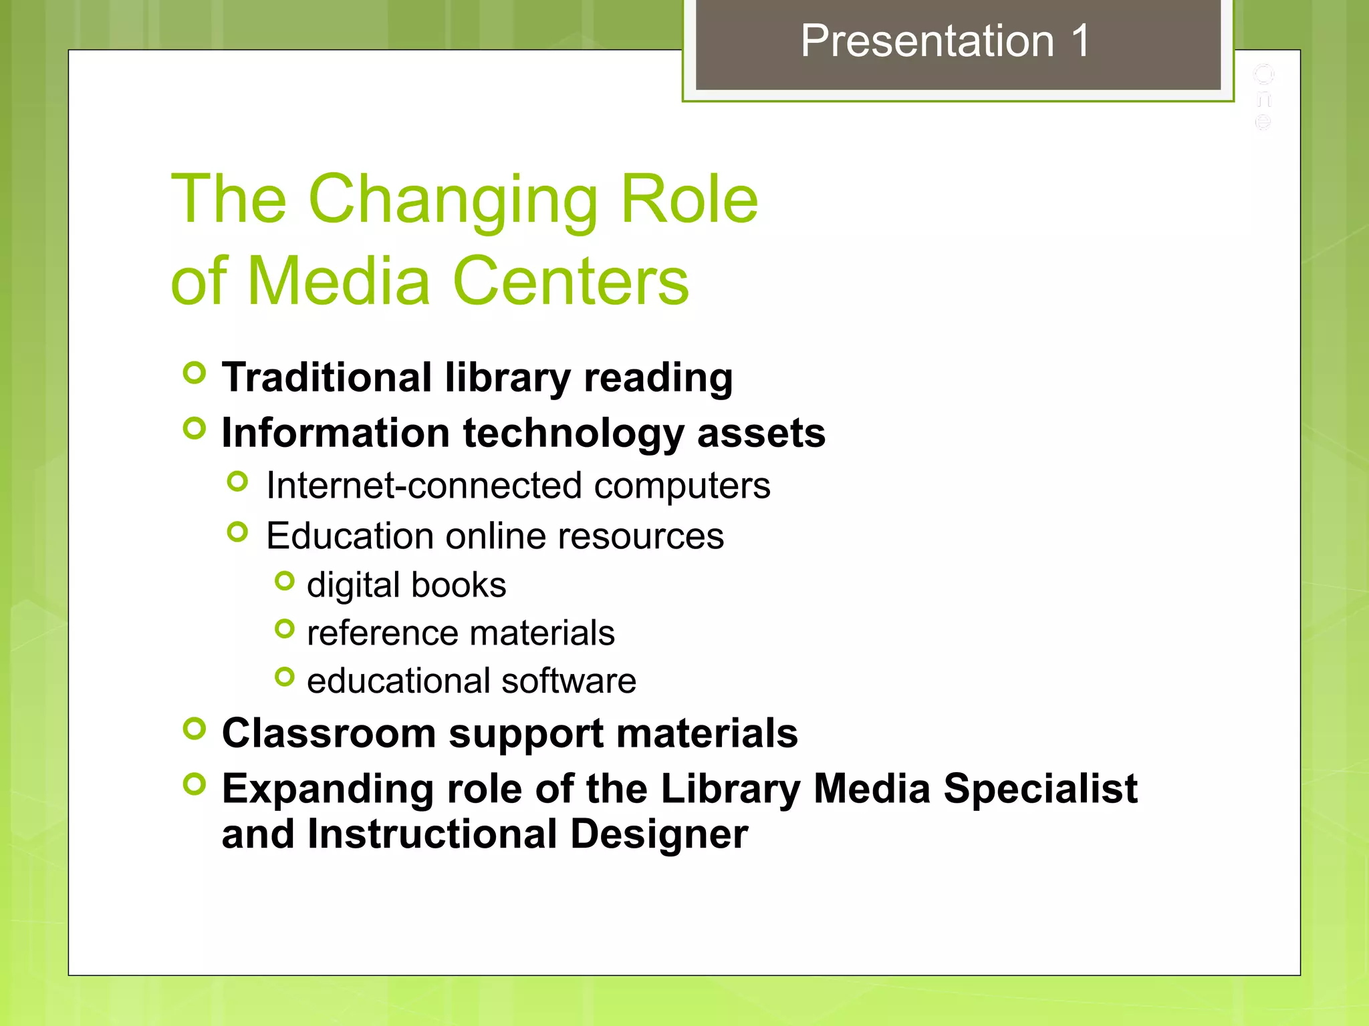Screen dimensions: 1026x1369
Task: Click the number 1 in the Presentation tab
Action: pyautogui.click(x=1079, y=41)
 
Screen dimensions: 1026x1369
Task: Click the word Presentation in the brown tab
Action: pyautogui.click(x=927, y=41)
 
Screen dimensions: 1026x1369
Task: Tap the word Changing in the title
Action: pyautogui.click(x=453, y=200)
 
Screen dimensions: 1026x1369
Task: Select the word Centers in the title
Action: pyautogui.click(x=570, y=281)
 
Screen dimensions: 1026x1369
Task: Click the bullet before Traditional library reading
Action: pyautogui.click(x=194, y=373)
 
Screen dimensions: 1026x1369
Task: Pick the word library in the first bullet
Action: pyautogui.click(x=508, y=378)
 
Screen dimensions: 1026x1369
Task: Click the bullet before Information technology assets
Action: pyautogui.click(x=194, y=428)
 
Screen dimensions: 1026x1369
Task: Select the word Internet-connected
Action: pyautogui.click(x=424, y=485)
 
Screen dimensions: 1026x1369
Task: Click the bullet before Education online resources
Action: pyautogui.click(x=237, y=532)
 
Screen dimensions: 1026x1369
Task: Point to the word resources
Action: pyautogui.click(x=640, y=536)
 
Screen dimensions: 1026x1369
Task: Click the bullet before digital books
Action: pyautogui.click(x=285, y=581)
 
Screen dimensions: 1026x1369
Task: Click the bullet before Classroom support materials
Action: pyautogui.click(x=194, y=729)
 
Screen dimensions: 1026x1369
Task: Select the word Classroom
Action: pyautogui.click(x=329, y=733)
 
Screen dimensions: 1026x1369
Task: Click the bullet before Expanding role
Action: pyautogui.click(x=194, y=784)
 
